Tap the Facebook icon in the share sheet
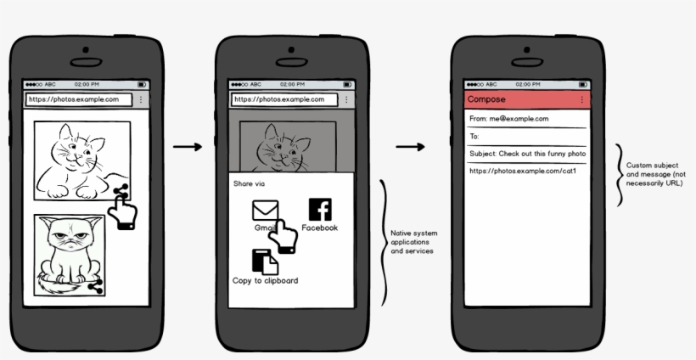point(320,210)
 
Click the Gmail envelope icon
point(266,211)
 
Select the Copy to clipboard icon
point(265,262)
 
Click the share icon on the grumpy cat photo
point(96,286)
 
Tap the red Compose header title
point(486,99)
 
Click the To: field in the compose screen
point(527,137)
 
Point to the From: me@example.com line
point(508,119)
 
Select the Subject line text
point(528,154)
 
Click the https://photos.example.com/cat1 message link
point(523,171)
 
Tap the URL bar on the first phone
point(79,99)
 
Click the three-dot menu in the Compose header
point(582,99)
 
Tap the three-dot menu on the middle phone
point(346,99)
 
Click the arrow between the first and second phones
point(188,147)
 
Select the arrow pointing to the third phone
point(410,147)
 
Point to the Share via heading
point(249,183)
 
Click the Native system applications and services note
point(413,242)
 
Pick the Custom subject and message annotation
point(654,174)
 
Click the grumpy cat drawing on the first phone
point(70,256)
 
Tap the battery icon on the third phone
point(584,84)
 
